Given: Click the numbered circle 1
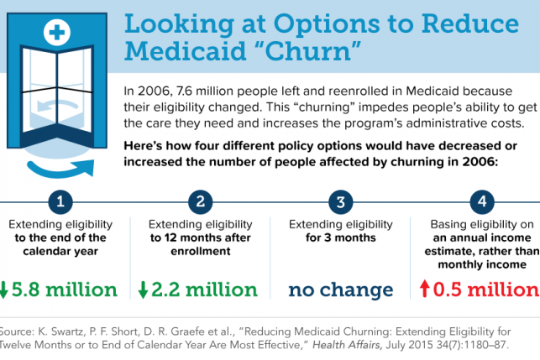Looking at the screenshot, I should pyautogui.click(x=60, y=202).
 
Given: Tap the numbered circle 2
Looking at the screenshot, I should pyautogui.click(x=200, y=202).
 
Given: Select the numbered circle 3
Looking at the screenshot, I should pyautogui.click(x=340, y=202).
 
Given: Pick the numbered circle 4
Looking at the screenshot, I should pyautogui.click(x=480, y=202).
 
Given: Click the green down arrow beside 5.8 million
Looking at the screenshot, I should pyautogui.click(x=4, y=290).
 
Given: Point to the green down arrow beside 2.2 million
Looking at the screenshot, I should pyautogui.click(x=143, y=290).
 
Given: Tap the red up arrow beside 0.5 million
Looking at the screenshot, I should pyautogui.click(x=425, y=290).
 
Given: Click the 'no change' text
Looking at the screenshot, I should pyautogui.click(x=340, y=290).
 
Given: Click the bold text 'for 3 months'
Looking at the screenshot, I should pyautogui.click(x=340, y=238).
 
